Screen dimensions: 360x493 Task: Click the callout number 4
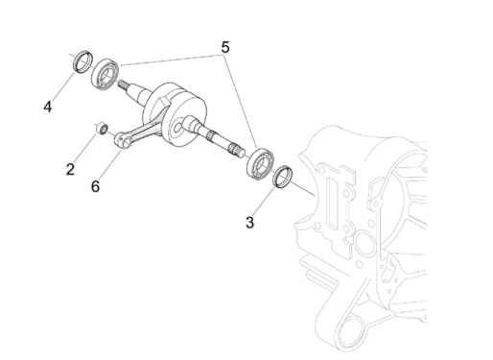[x=47, y=107]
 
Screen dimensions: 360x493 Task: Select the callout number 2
[x=70, y=170]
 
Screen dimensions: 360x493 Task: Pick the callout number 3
[x=249, y=223]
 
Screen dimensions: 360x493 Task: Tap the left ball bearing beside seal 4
[x=105, y=74]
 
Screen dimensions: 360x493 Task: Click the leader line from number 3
[x=263, y=201]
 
